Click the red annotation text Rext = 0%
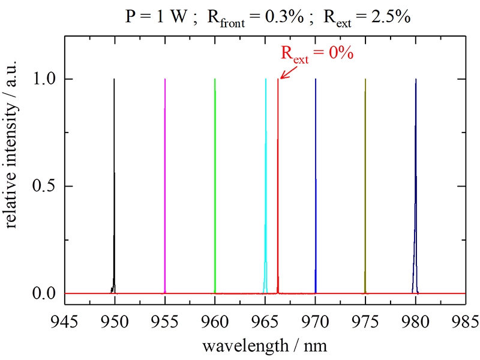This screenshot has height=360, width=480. [317, 53]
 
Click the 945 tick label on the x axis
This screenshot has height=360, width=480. [64, 319]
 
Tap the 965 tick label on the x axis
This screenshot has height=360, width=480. [265, 319]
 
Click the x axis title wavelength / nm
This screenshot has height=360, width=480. [265, 346]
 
